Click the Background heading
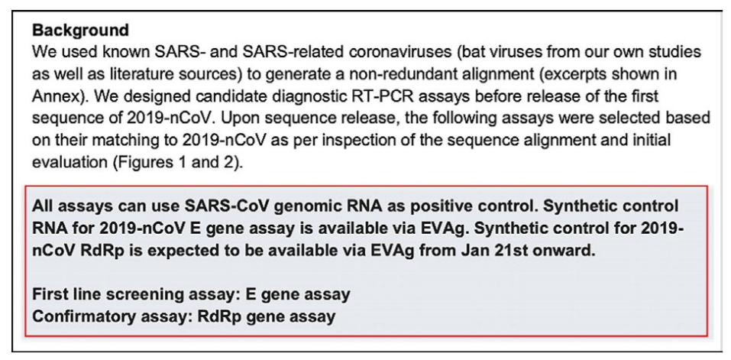(x=80, y=31)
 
